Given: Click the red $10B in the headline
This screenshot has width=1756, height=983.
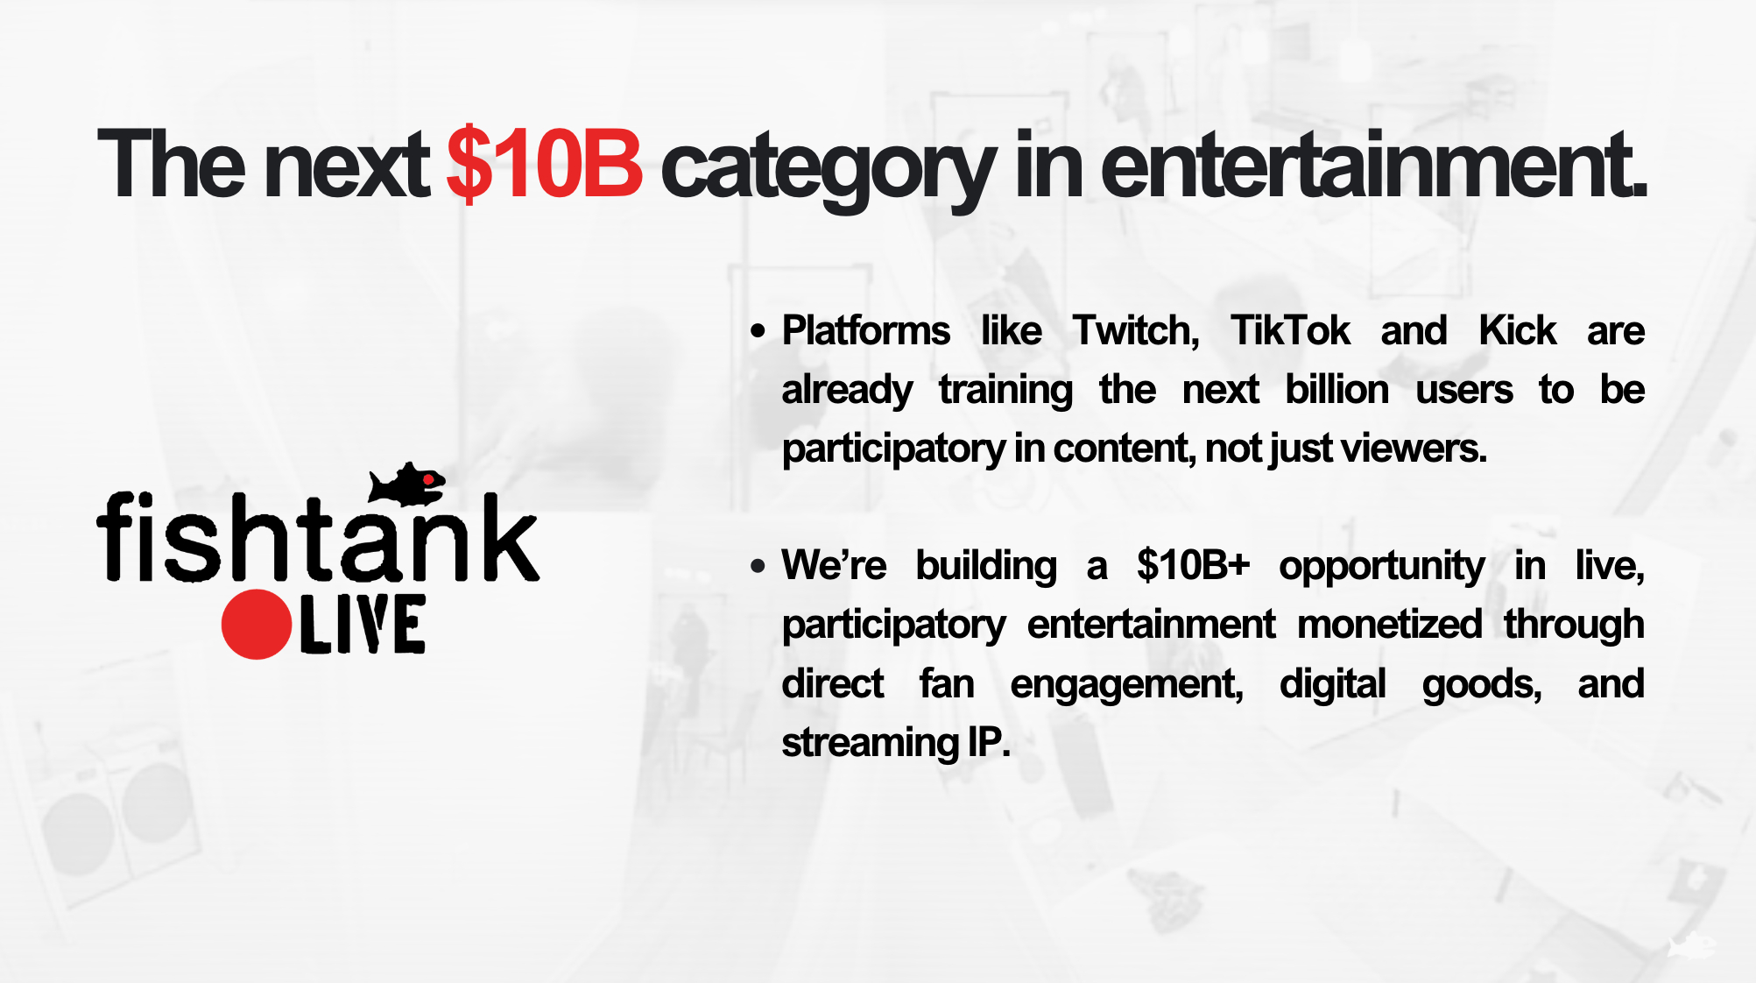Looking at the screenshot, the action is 544,164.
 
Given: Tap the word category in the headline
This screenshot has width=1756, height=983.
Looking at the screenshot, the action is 828,168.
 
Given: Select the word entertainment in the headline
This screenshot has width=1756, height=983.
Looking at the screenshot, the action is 1372,164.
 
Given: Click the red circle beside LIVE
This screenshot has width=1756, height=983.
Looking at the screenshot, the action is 256,624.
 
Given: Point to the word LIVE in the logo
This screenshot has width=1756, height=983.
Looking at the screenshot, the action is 363,625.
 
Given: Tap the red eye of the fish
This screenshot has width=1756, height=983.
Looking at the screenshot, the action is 428,479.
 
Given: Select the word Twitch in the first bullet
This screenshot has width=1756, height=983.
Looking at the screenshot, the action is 1136,331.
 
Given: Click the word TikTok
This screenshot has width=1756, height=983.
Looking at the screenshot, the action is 1290,330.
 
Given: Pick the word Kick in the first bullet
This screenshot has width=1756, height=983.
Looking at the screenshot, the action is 1517,330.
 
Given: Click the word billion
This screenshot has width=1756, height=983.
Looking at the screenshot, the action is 1336,390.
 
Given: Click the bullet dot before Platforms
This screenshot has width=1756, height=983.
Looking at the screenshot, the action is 758,331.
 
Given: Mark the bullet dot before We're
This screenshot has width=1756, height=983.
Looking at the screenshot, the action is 758,566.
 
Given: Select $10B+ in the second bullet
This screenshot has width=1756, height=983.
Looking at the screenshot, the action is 1193,565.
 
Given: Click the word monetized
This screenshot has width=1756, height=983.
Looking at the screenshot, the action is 1389,625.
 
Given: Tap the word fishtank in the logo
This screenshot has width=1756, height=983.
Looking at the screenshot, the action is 318,536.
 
